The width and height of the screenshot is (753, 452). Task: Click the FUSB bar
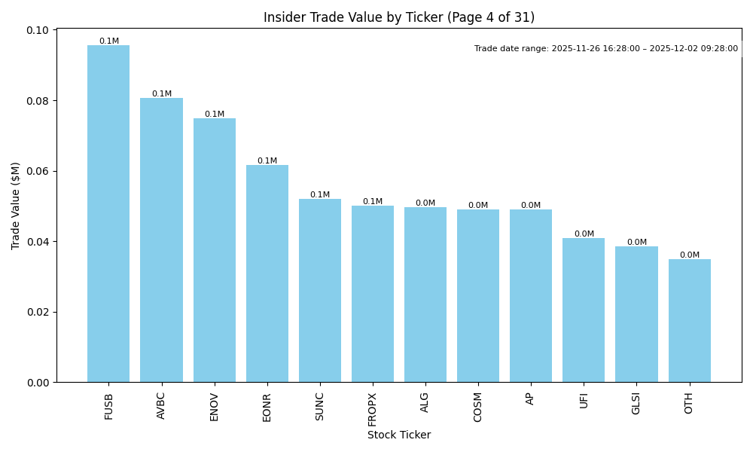pyautogui.click(x=108, y=214)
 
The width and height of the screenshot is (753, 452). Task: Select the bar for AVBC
pyautogui.click(x=161, y=240)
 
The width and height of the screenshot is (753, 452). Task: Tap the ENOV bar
pyautogui.click(x=215, y=250)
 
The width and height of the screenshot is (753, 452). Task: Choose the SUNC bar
pyautogui.click(x=320, y=291)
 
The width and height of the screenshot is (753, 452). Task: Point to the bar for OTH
pyautogui.click(x=689, y=321)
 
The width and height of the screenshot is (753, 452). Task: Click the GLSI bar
pyautogui.click(x=636, y=314)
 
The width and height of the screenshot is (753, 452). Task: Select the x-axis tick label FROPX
pyautogui.click(x=373, y=407)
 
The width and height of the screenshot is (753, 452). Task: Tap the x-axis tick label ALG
pyautogui.click(x=425, y=402)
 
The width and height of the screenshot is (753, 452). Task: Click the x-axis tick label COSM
pyautogui.click(x=478, y=406)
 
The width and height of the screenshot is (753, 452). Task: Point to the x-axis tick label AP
pyautogui.click(x=531, y=399)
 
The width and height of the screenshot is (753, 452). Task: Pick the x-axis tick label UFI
pyautogui.click(x=584, y=400)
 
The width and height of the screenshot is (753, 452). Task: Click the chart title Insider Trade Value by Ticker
pyautogui.click(x=398, y=17)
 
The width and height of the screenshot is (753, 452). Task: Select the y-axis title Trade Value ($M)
pyautogui.click(x=16, y=206)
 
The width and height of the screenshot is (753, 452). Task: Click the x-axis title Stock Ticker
pyautogui.click(x=398, y=435)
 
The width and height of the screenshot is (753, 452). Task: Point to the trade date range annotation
pyautogui.click(x=605, y=49)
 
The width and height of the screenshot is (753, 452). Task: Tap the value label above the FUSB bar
pyautogui.click(x=108, y=41)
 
